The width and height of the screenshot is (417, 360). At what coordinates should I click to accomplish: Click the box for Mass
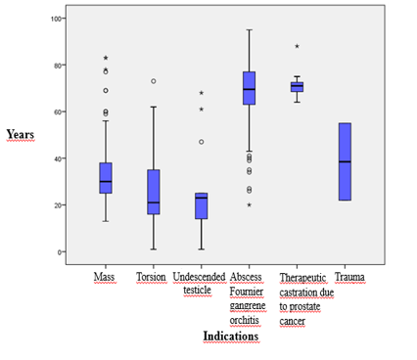(106, 178)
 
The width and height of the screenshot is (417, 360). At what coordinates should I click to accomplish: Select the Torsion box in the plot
(153, 192)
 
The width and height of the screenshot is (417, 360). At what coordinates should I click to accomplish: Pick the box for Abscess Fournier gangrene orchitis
(248, 88)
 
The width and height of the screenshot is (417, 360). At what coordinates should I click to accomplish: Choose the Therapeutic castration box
(297, 87)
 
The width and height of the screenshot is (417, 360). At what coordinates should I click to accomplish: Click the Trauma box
(344, 161)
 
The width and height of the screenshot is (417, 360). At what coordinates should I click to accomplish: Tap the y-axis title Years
(21, 134)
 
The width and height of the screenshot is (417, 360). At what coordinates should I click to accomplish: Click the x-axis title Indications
(230, 337)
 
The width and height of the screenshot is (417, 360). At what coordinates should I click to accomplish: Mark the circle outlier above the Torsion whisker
(153, 81)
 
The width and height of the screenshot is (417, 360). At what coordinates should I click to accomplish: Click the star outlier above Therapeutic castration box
(297, 46)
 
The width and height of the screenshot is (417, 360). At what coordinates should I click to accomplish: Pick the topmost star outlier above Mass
(106, 58)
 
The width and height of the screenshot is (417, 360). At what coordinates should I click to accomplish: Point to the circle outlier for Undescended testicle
(201, 142)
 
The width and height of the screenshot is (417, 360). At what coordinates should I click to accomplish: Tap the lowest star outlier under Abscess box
(248, 204)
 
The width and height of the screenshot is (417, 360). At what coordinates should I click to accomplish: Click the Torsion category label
(153, 278)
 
